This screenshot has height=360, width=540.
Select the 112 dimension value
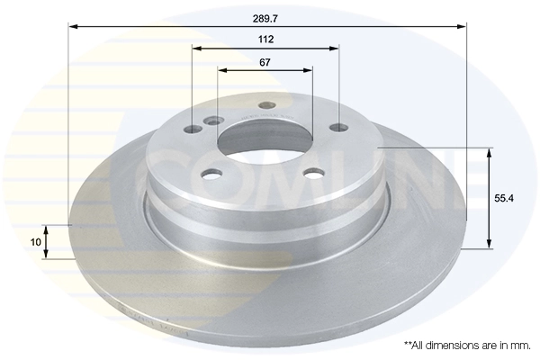[265, 40]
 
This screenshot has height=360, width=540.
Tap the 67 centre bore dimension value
[265, 62]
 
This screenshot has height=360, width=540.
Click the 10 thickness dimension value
[36, 242]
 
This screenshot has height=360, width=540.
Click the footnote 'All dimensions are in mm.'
[467, 345]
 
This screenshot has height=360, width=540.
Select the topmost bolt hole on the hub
[266, 106]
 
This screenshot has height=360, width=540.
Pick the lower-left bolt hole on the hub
[211, 174]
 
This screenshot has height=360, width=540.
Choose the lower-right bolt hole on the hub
[313, 174]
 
